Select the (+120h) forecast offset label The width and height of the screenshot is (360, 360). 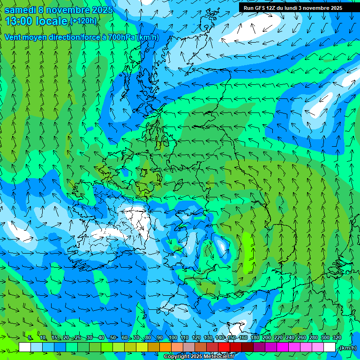(83, 21)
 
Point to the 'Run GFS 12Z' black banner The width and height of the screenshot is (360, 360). (293, 8)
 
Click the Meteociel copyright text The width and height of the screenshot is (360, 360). (199, 357)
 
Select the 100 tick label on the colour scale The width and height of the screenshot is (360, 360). (172, 338)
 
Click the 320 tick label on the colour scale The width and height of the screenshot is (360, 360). (337, 338)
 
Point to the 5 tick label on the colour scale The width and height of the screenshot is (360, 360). (30, 338)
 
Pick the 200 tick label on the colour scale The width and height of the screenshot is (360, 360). (266, 338)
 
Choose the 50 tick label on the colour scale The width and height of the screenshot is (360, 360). (113, 338)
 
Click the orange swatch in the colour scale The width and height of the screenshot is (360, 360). (165, 347)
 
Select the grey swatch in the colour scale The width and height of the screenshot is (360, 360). (189, 347)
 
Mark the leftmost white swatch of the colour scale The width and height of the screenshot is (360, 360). (25, 347)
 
